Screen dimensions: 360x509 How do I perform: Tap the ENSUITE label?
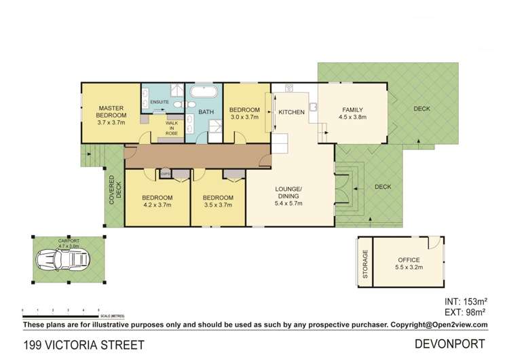[159, 102]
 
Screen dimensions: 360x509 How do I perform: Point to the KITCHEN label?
[290, 112]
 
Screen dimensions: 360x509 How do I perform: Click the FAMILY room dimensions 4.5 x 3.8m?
[352, 116]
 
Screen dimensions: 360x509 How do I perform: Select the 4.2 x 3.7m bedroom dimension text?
[157, 204]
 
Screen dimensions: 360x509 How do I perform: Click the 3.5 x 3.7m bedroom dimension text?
[218, 204]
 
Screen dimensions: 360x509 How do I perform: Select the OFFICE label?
[409, 260]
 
